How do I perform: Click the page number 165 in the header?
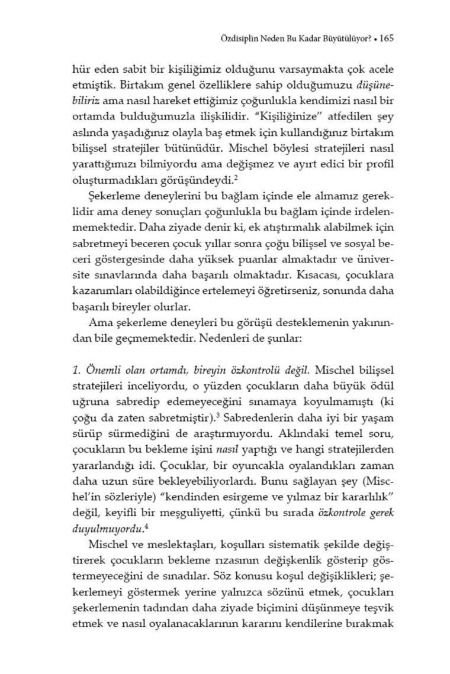click(x=387, y=38)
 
